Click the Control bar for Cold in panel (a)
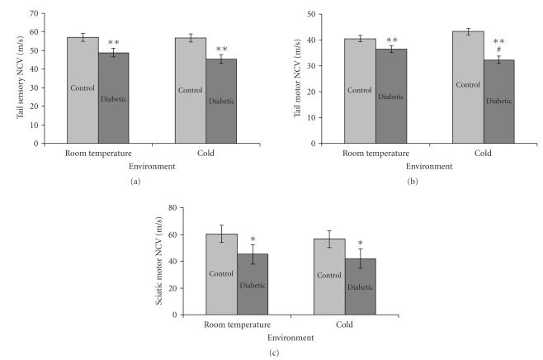191,91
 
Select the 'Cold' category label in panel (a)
205,154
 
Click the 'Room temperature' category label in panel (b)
375,154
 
